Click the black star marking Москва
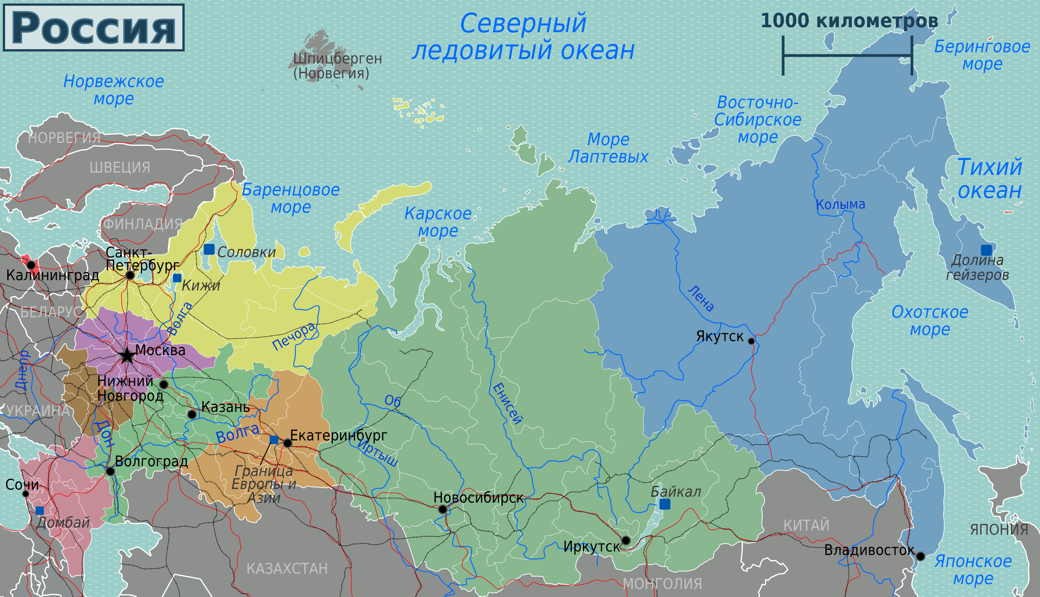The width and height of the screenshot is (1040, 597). pyautogui.click(x=127, y=356)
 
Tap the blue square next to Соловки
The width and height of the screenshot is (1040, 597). pyautogui.click(x=209, y=249)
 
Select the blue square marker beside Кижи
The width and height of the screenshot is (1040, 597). pyautogui.click(x=177, y=278)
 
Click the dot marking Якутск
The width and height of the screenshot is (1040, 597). pyautogui.click(x=751, y=341)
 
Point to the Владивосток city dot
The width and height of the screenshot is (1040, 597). pyautogui.click(x=921, y=557)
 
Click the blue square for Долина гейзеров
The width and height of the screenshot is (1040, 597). pyautogui.click(x=986, y=250)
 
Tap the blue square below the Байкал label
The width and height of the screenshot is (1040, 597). pyautogui.click(x=665, y=504)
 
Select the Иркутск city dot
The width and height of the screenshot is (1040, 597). pyautogui.click(x=626, y=540)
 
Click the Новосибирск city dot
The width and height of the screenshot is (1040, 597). pyautogui.click(x=443, y=509)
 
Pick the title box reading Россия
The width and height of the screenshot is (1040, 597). pyautogui.click(x=94, y=28)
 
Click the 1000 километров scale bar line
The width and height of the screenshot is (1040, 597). pyautogui.click(x=847, y=55)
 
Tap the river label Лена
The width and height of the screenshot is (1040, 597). pyautogui.click(x=701, y=298)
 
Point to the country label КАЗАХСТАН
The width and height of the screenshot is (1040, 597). pyautogui.click(x=287, y=569)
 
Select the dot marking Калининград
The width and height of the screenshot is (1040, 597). pyautogui.click(x=31, y=265)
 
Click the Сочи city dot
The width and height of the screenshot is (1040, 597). pyautogui.click(x=26, y=494)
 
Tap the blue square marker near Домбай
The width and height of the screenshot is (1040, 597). pyautogui.click(x=40, y=511)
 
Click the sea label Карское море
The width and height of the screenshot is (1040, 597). pyautogui.click(x=438, y=222)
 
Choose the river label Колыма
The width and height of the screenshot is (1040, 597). pyautogui.click(x=840, y=204)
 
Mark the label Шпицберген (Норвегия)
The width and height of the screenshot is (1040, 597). pyautogui.click(x=337, y=66)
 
